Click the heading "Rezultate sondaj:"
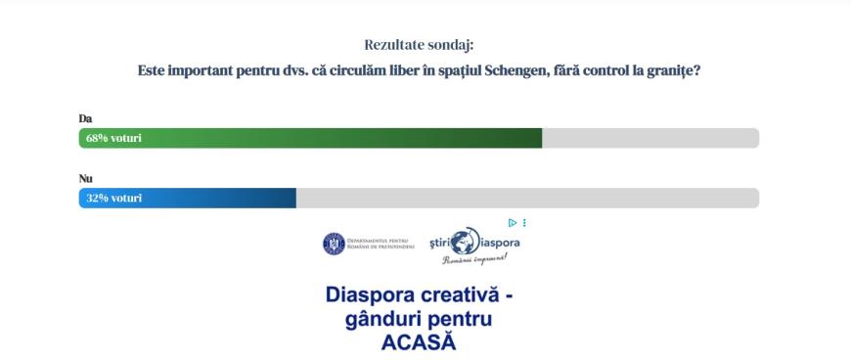(x=419, y=45)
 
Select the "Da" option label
(x=85, y=119)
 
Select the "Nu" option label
(x=86, y=179)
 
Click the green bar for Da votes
(x=310, y=138)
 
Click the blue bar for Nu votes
(x=187, y=198)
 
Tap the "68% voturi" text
(x=113, y=139)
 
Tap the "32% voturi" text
(x=114, y=199)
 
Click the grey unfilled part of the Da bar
(x=650, y=138)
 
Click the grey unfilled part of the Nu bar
(x=527, y=198)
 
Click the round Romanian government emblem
(x=334, y=244)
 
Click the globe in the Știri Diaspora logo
(x=465, y=241)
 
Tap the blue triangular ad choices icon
(x=512, y=223)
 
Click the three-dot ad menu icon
(x=524, y=223)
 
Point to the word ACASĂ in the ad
(x=419, y=342)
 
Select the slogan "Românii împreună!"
(x=474, y=259)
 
